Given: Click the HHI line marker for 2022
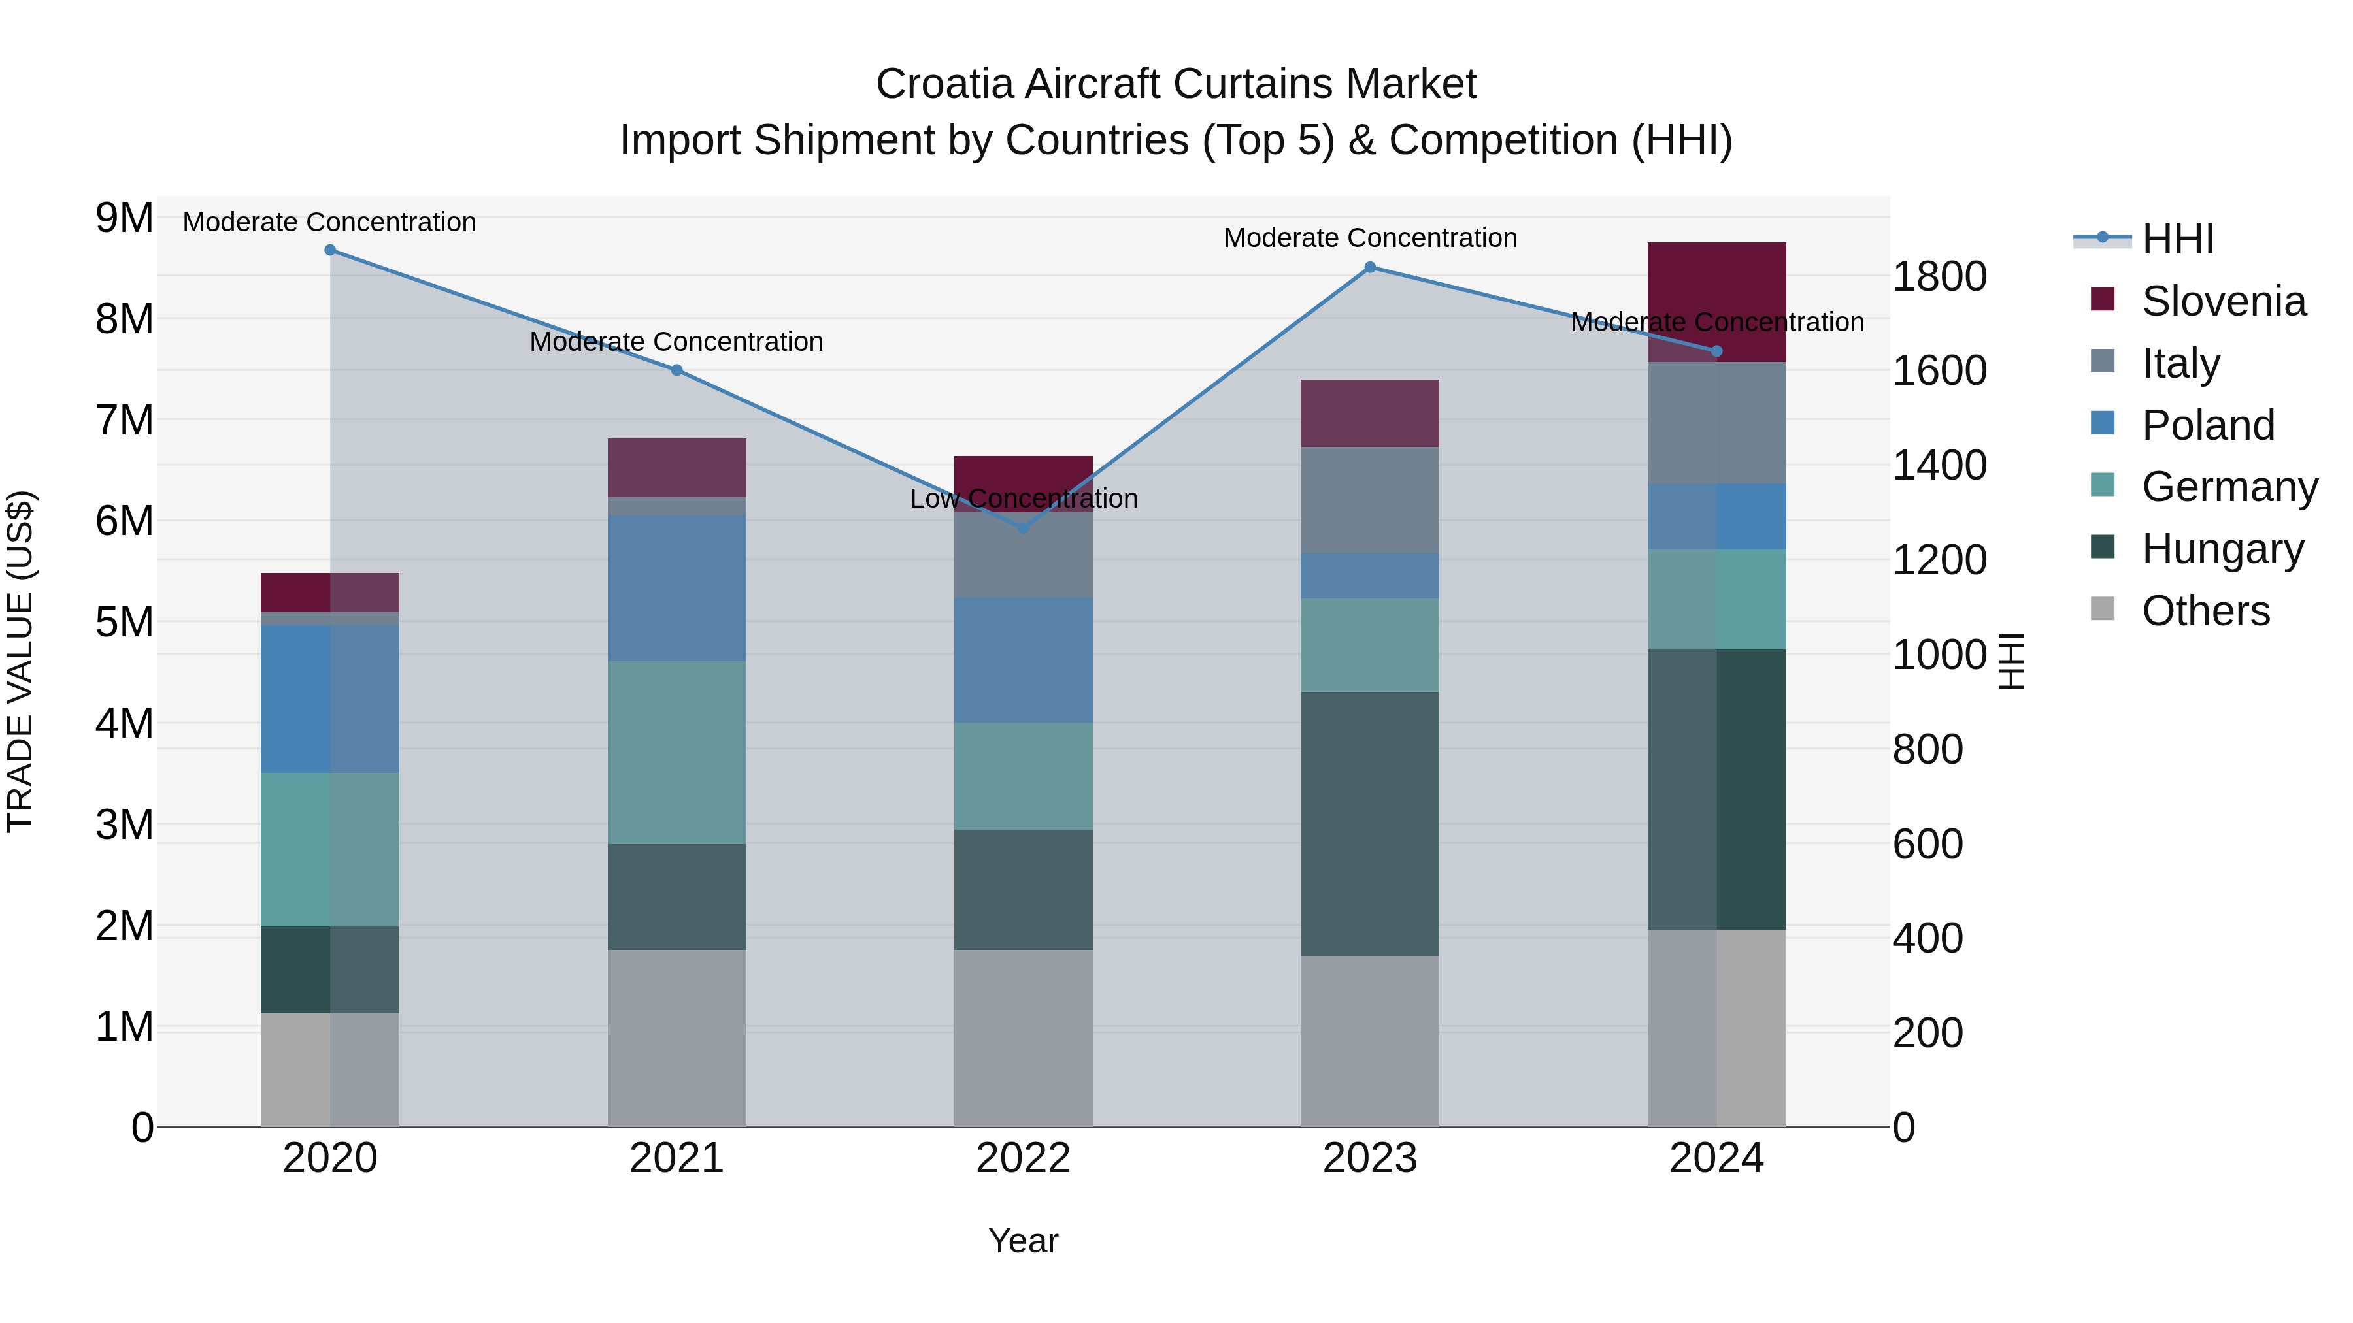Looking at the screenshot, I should [x=1023, y=528].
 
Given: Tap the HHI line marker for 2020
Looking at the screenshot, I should [x=330, y=250].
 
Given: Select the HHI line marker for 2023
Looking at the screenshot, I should [x=1369, y=267].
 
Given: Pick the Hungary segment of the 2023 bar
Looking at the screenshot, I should [x=1369, y=824].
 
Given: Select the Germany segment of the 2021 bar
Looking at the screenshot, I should [x=677, y=753].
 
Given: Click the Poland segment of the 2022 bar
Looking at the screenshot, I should [x=1023, y=659].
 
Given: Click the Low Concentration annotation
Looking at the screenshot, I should [x=1023, y=498].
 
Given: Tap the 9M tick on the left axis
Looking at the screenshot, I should [x=124, y=218].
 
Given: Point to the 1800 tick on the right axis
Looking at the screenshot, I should [x=1939, y=276].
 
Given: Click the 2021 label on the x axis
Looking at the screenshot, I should [x=677, y=1158].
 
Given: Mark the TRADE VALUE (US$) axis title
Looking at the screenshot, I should [x=21, y=661].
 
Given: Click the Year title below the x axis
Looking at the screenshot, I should [x=1023, y=1241].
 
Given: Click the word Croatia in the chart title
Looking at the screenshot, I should [x=944, y=84].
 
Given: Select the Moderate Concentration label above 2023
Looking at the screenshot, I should [x=1369, y=237].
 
